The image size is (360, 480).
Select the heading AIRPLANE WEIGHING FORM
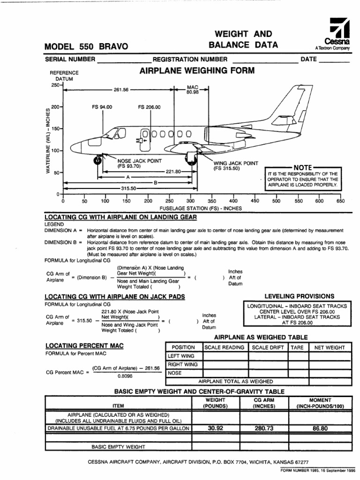(197, 71)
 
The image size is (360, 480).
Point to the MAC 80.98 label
(193, 90)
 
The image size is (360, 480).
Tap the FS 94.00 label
(102, 107)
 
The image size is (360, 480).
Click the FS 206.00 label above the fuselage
(149, 107)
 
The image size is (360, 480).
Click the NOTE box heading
(302, 167)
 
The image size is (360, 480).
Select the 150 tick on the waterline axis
(55, 128)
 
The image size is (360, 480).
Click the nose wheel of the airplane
(97, 160)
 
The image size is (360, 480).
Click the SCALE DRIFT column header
(268, 347)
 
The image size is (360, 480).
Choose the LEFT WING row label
(182, 356)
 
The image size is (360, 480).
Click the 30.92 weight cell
(216, 428)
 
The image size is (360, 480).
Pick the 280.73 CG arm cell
(263, 428)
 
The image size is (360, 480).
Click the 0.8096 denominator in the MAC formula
(124, 376)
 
